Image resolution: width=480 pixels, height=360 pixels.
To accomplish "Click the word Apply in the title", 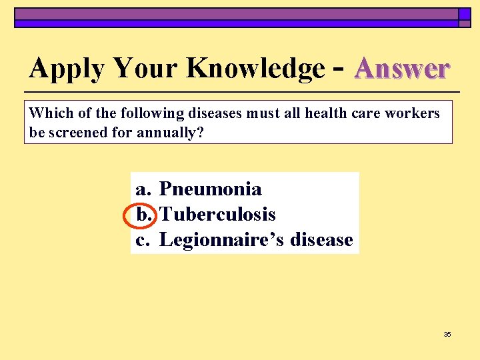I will tap(68, 69).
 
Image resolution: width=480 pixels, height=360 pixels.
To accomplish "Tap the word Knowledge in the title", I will tap(255, 69).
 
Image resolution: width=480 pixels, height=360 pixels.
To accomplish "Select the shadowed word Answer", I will tap(403, 68).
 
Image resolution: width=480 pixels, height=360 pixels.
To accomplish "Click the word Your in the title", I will tap(147, 68).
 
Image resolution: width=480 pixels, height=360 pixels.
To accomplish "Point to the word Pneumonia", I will tap(211, 189).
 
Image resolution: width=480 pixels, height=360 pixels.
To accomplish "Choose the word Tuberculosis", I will tap(217, 215).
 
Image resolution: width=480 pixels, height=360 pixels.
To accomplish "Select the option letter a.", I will tap(142, 189).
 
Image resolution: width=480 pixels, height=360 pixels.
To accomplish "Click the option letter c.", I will tap(141, 240).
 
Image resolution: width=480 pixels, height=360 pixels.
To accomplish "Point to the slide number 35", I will tap(447, 334).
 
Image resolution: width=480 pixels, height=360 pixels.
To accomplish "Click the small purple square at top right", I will tap(464, 13).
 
